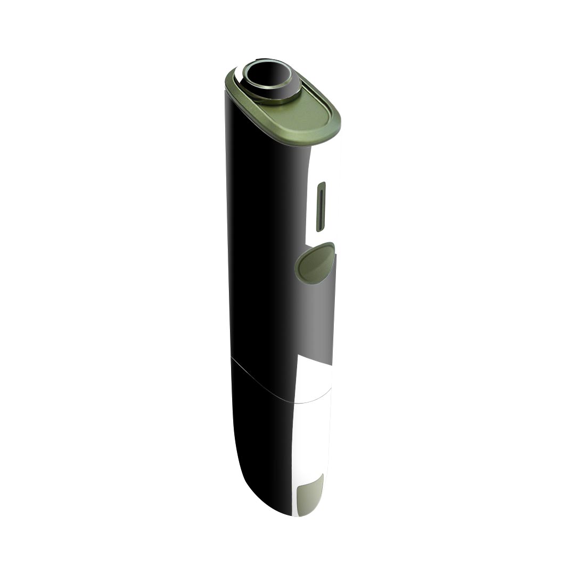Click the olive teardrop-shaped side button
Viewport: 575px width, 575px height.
pyautogui.click(x=315, y=262)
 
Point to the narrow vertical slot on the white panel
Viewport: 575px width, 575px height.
pyautogui.click(x=321, y=207)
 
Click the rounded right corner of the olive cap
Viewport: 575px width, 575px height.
pyautogui.click(x=336, y=125)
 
